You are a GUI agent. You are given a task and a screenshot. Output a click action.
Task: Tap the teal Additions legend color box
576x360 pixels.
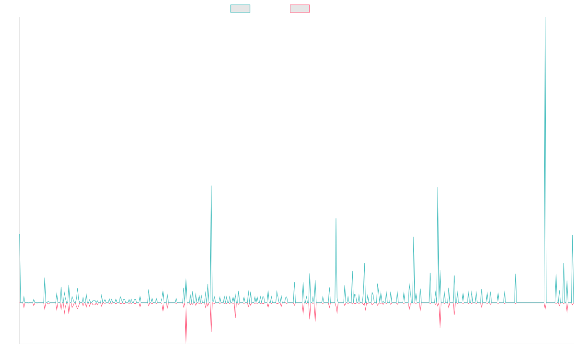coord(240,9)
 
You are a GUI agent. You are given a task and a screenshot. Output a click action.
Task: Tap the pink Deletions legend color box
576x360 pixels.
coord(300,9)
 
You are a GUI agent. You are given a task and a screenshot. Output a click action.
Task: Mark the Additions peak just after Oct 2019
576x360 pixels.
coord(211,186)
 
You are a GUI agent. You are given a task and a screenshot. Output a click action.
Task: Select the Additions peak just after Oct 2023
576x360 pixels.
coord(438,188)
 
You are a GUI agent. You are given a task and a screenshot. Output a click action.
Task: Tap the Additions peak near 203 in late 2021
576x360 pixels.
coord(336,218)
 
